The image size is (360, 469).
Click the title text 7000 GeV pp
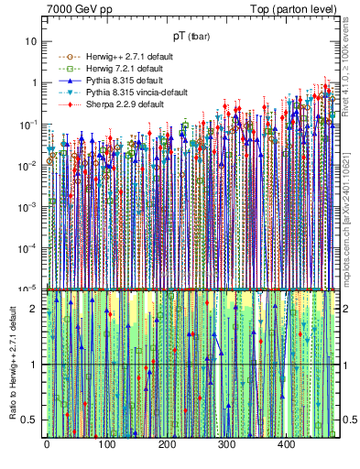(75, 8)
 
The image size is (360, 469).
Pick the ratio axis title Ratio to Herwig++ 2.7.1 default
(12, 363)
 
